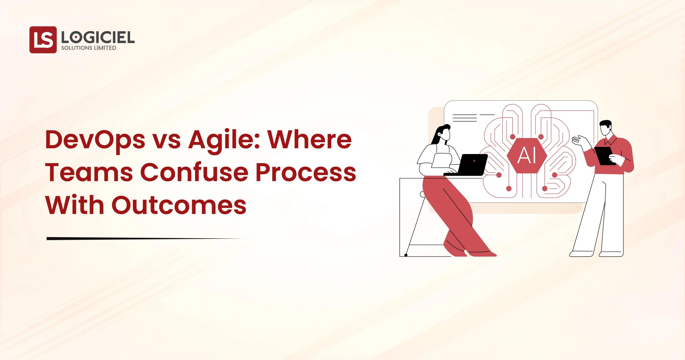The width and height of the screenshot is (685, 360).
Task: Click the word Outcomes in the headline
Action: pos(179,206)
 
